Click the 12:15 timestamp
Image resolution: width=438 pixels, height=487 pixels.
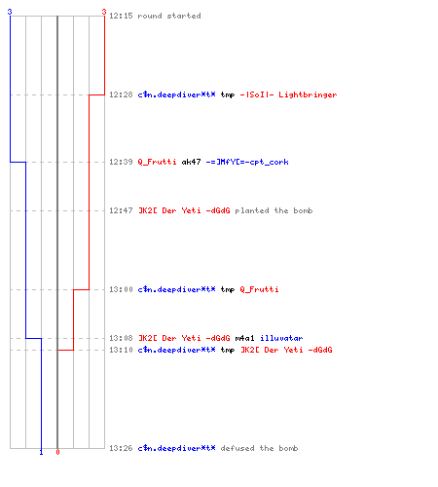121,16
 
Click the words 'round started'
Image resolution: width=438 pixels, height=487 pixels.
169,16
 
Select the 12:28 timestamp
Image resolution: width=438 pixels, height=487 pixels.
121,94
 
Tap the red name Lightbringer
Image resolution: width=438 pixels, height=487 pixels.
308,94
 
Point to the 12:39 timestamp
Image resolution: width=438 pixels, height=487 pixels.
121,162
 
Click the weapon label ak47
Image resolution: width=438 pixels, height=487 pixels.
191,162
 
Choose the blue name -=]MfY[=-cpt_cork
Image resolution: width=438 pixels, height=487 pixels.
247,162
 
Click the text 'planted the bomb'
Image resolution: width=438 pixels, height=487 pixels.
274,210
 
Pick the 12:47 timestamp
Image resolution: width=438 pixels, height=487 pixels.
121,210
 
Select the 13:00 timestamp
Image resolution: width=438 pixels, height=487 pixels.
121,289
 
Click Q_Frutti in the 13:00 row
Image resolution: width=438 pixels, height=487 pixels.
259,289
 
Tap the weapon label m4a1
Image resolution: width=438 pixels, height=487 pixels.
244,338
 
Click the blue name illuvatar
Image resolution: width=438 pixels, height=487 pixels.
281,338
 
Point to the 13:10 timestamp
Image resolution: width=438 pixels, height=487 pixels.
121,350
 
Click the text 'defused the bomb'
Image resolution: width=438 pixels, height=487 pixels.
259,448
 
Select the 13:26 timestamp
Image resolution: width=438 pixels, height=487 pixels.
121,448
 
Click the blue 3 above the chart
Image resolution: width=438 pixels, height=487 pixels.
10,12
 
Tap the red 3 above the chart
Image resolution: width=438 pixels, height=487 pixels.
104,12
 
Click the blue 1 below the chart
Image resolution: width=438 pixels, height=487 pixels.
41,452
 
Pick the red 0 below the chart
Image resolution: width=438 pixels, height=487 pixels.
57,452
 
